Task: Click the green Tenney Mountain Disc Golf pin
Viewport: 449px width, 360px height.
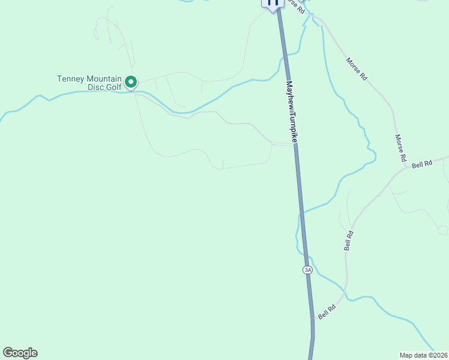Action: point(130,82)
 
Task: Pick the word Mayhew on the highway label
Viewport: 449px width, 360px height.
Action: point(291,95)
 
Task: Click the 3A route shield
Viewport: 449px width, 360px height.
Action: point(308,270)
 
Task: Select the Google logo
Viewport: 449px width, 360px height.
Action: point(20,353)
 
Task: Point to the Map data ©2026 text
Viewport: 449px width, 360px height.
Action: point(423,355)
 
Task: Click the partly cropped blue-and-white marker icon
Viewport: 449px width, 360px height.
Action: point(272,4)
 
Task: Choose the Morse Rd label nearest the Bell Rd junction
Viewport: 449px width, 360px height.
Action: point(400,148)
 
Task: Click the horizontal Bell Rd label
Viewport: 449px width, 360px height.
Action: point(422,164)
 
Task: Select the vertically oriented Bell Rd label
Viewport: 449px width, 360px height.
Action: point(348,239)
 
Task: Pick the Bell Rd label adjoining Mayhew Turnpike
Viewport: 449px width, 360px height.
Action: point(327,311)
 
